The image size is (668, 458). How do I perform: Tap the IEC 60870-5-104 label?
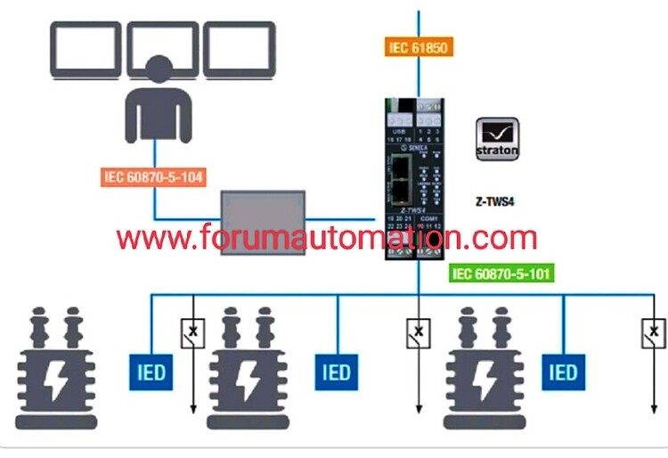click(x=154, y=176)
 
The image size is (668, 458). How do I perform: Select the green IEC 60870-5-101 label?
click(x=502, y=274)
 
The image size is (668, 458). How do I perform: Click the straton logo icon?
click(x=497, y=138)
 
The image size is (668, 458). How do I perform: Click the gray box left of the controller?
click(x=263, y=223)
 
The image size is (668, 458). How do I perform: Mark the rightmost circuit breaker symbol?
click(x=654, y=334)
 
